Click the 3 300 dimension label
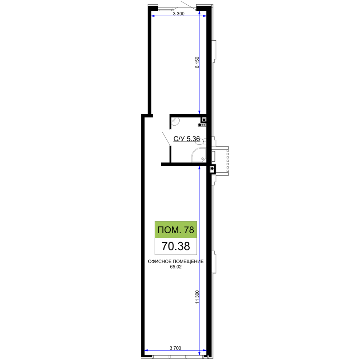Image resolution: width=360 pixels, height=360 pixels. pyautogui.click(x=179, y=14)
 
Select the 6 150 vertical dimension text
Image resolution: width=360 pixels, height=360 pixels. pyautogui.click(x=197, y=62)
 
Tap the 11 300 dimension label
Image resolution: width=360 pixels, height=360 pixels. pyautogui.click(x=197, y=297)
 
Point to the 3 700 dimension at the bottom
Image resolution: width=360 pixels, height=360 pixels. pyautogui.click(x=175, y=348)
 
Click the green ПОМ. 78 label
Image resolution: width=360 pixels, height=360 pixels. pyautogui.click(x=176, y=230)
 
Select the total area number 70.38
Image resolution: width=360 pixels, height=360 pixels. pyautogui.click(x=176, y=246)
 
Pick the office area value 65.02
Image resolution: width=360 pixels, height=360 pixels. pyautogui.click(x=176, y=267)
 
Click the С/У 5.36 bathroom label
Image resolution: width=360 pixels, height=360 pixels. pyautogui.click(x=186, y=139)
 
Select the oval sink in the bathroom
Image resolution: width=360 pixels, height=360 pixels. pyautogui.click(x=176, y=121)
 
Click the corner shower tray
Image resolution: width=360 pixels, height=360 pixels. pyautogui.click(x=199, y=155)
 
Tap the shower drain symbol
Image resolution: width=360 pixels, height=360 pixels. pyautogui.click(x=202, y=159)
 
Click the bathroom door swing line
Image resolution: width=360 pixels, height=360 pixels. pyautogui.click(x=166, y=139)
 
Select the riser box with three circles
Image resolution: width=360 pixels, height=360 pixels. pyautogui.click(x=202, y=125)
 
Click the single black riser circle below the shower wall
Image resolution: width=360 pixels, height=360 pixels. pyautogui.click(x=212, y=168)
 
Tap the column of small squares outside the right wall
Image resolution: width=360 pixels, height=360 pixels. pyautogui.click(x=228, y=161)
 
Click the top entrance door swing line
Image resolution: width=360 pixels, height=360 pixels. pyautogui.click(x=188, y=5)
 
